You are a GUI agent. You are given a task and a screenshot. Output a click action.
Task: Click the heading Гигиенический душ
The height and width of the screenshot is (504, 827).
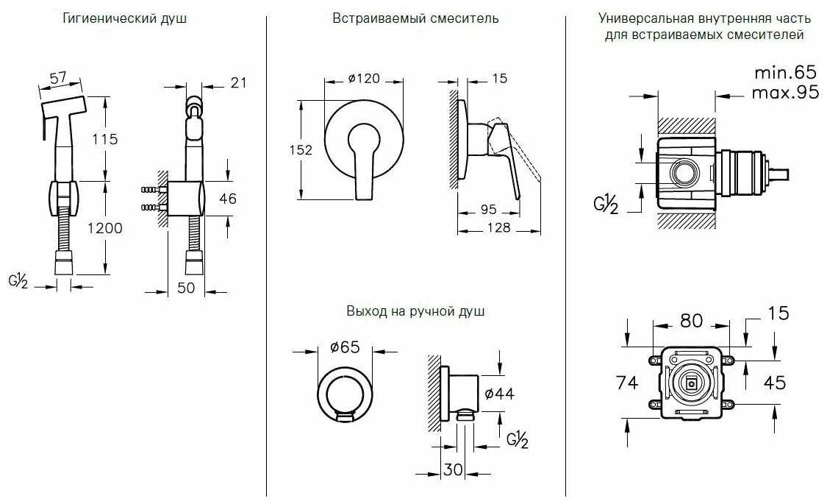point(124,18)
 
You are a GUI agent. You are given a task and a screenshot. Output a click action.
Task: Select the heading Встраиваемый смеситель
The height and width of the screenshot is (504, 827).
point(415,18)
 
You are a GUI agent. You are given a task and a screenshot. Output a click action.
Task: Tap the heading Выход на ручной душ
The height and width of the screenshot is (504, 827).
point(415,311)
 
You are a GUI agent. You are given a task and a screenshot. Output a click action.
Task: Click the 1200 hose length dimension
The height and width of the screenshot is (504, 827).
point(105,228)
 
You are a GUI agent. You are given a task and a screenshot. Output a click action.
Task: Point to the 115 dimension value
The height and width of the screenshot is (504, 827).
point(105,139)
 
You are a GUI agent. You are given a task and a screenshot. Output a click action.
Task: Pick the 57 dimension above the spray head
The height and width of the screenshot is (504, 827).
point(58,77)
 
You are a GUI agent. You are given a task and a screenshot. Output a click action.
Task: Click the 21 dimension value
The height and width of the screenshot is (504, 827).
point(238,83)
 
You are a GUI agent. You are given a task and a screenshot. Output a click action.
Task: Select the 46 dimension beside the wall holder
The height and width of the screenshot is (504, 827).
point(228,199)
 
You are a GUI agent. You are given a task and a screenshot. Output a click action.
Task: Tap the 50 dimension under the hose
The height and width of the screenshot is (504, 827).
point(186,288)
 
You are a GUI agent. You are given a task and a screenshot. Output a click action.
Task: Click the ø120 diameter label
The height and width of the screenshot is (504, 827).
point(364,79)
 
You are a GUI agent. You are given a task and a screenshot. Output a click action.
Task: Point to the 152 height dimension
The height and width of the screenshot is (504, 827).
point(301,150)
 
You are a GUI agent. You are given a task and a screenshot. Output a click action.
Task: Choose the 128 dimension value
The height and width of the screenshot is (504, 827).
point(499,227)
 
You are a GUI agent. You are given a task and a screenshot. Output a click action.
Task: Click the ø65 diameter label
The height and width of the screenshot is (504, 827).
point(345,347)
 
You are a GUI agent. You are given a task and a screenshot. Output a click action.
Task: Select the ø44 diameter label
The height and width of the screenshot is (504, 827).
point(499,394)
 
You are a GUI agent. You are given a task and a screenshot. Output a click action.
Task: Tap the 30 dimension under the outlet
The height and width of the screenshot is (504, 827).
point(453,469)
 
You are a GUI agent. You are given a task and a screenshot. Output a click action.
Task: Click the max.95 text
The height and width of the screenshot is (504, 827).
point(785,93)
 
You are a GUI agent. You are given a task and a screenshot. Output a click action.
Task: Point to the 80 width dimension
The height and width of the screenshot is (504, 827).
point(692,320)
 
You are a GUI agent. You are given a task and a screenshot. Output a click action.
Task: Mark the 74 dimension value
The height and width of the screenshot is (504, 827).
point(627,383)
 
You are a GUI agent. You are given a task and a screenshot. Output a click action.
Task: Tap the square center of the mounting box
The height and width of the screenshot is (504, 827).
point(691,384)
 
